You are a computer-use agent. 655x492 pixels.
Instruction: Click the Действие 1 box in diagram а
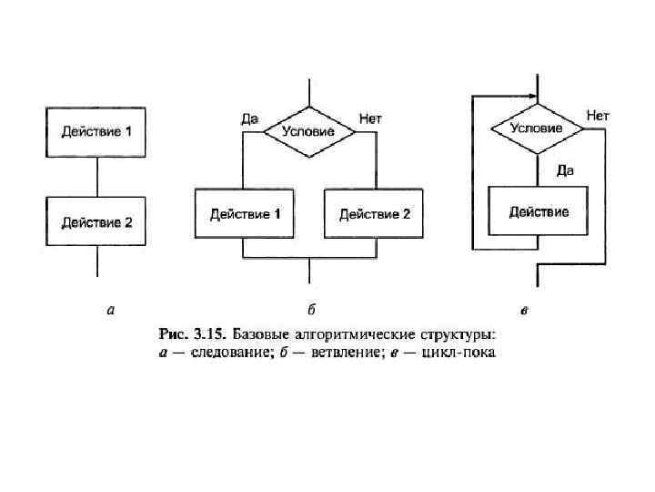click(x=97, y=132)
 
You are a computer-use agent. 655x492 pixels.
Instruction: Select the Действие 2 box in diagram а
click(x=97, y=221)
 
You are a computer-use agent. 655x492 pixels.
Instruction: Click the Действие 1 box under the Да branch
click(x=245, y=214)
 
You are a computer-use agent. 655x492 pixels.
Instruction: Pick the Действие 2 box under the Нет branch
click(x=375, y=214)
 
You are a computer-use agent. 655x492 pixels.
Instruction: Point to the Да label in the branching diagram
click(x=249, y=118)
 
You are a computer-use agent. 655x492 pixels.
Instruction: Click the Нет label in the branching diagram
click(x=371, y=118)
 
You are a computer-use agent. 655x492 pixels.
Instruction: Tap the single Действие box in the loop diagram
click(x=539, y=212)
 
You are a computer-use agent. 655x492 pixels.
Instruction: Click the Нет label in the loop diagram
click(x=598, y=116)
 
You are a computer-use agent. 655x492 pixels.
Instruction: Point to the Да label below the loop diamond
click(x=564, y=169)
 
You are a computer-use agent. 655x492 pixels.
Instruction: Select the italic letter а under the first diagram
click(x=111, y=311)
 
